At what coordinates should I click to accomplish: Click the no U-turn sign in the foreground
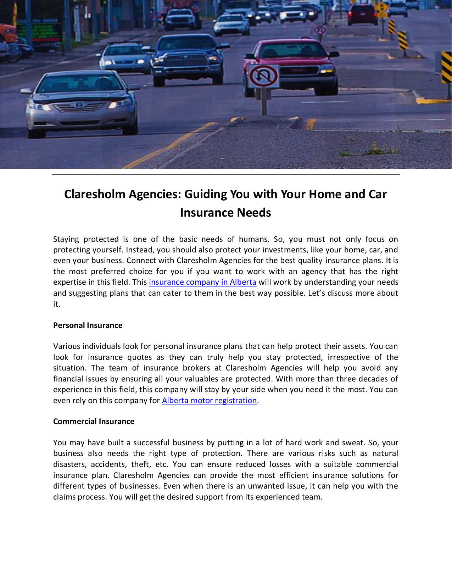[x=263, y=76]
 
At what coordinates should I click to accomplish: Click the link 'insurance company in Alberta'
[x=202, y=282]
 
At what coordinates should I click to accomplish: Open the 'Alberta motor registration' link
[x=209, y=401]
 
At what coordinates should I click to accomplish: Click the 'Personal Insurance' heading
[x=88, y=325]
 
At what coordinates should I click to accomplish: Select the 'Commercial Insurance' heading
[x=94, y=422]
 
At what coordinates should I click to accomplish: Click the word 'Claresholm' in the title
[x=95, y=194]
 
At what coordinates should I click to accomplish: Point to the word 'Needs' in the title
[x=254, y=213]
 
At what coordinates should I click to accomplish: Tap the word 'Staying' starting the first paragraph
[x=66, y=239]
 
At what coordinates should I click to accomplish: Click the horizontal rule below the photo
[x=226, y=175]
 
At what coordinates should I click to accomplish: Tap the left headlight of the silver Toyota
[x=40, y=106]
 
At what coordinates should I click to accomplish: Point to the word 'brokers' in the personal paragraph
[x=196, y=368]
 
